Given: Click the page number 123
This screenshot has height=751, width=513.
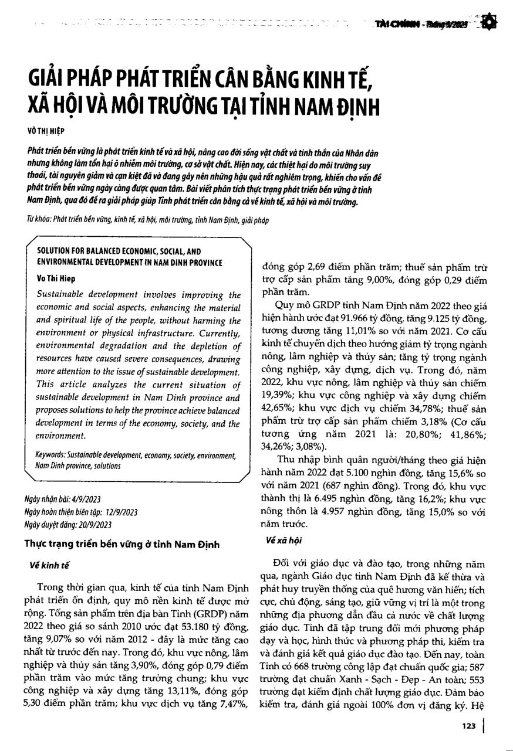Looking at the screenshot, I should click(x=468, y=726).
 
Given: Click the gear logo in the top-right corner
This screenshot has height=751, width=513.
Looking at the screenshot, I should click(x=491, y=23).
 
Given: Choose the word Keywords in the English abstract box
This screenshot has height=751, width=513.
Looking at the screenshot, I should click(x=49, y=455).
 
